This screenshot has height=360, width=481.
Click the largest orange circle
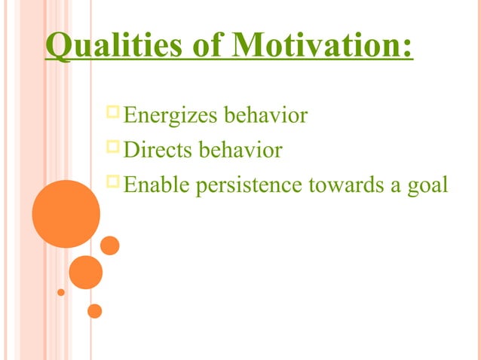(66, 214)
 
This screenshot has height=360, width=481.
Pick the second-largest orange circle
(85, 273)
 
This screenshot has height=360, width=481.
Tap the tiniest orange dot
(61, 291)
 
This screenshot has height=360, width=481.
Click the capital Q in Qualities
(56, 47)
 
